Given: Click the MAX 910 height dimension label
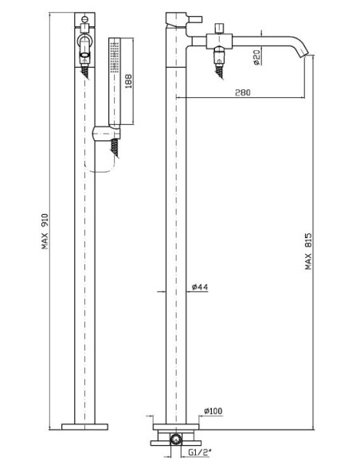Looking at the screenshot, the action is pyautogui.click(x=45, y=232).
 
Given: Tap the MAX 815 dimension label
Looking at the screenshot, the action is pyautogui.click(x=308, y=252).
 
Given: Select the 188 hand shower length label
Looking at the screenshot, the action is pyautogui.click(x=128, y=81).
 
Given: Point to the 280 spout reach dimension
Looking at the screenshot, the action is pyautogui.click(x=243, y=92).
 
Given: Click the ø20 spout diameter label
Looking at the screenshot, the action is pyautogui.click(x=256, y=57).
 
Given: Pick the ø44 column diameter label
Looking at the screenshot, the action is pyautogui.click(x=200, y=287).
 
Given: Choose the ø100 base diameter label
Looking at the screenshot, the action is pyautogui.click(x=213, y=411).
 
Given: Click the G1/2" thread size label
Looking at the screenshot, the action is pyautogui.click(x=200, y=452).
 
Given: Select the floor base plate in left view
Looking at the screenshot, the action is pyautogui.click(x=84, y=427).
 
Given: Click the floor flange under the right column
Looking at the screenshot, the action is pyautogui.click(x=176, y=427).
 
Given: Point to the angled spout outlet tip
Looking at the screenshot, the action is pyautogui.click(x=305, y=53).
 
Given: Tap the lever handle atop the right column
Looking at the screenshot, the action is pyautogui.click(x=184, y=18).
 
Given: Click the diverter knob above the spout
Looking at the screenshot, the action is pyautogui.click(x=220, y=28).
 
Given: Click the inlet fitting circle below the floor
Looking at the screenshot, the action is pyautogui.click(x=175, y=440).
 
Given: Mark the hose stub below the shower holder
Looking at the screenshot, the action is pyautogui.click(x=115, y=149).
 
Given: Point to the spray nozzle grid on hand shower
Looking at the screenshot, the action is pyautogui.click(x=114, y=57).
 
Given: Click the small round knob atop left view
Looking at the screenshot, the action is pyautogui.click(x=84, y=20).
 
